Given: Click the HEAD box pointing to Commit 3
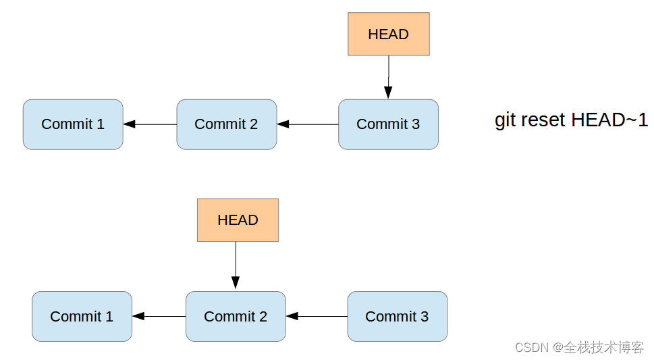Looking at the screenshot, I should tap(388, 34).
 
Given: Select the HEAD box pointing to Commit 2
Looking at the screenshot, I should tap(238, 220).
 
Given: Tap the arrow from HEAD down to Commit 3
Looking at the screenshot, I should tap(388, 77).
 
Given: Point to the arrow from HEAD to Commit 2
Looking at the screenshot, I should tap(236, 265).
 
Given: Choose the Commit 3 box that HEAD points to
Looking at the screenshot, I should tap(388, 124).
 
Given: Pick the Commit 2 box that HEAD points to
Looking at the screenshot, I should tap(236, 316).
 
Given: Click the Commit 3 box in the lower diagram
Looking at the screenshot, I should tap(397, 316).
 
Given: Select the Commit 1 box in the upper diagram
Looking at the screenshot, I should tap(73, 124).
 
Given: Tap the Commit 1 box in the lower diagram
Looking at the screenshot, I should tap(82, 316).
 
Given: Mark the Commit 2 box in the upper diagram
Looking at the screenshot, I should tap(226, 124).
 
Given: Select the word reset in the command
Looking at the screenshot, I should tap(543, 120).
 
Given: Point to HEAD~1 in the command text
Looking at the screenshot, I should tap(609, 120).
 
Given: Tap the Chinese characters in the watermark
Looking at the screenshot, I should tap(604, 347).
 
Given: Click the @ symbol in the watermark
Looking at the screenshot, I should tap(557, 347).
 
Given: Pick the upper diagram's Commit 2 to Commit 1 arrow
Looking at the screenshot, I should tap(150, 124).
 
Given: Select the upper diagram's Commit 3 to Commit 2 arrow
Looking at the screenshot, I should tap(307, 124).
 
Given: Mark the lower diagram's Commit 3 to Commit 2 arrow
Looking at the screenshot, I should tap(317, 316).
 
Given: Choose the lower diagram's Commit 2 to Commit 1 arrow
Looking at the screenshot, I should tap(159, 316).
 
